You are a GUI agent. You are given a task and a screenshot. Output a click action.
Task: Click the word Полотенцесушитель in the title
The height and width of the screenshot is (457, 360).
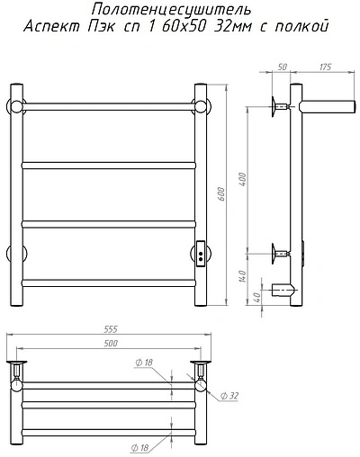point(171,10)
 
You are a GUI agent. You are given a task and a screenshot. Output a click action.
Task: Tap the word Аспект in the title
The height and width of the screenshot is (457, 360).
point(51,26)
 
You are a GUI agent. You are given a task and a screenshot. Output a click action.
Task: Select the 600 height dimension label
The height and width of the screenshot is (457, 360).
point(221,194)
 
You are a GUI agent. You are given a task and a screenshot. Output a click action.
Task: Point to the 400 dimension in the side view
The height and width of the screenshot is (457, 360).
point(242,179)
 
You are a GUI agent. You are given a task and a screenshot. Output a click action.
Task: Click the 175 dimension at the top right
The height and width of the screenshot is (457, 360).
point(325,67)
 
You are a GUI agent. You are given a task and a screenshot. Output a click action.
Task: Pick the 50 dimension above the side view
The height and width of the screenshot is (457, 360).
point(282,67)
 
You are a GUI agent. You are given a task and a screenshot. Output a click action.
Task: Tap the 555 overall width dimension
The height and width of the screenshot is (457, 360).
point(111,329)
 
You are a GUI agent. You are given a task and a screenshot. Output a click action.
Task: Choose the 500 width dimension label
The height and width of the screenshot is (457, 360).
point(111,344)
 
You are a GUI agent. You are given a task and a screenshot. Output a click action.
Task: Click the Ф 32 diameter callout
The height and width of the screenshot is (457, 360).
point(229,396)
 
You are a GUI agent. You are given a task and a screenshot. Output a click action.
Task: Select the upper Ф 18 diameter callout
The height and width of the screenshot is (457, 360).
point(144,363)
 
